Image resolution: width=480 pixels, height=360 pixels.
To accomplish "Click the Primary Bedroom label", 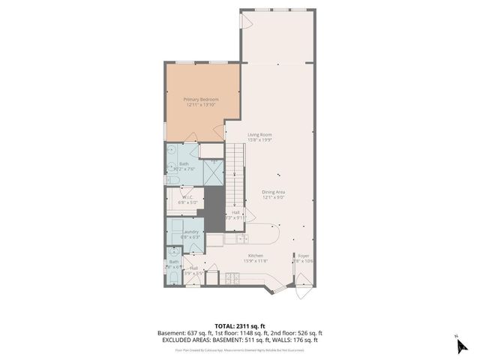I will point(201,99).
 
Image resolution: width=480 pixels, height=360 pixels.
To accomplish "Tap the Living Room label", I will point(259,134).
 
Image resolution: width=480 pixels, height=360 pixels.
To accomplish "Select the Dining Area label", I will point(273,192).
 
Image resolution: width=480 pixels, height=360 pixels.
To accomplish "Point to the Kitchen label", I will point(256,256).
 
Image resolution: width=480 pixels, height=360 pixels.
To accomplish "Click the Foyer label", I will point(303,256).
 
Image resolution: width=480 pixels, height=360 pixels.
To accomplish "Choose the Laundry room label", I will point(191,232).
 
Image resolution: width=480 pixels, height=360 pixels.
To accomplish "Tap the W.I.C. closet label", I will point(186,198).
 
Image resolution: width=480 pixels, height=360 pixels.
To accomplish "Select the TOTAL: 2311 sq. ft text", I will point(240,325).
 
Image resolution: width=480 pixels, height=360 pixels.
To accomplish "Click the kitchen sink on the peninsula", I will point(241,239).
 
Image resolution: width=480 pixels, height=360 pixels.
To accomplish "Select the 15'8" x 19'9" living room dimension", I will point(259,139).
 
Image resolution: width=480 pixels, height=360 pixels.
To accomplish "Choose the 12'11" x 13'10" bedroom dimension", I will point(201,104).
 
